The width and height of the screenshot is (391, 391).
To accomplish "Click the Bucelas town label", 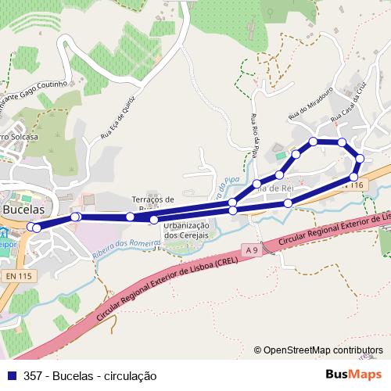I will coord(22,210).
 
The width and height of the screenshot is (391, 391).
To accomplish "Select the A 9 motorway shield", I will coord(250,249).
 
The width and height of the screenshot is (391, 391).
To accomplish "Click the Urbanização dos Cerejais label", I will coord(186,231).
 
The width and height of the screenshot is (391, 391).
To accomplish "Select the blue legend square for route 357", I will coord(11,376).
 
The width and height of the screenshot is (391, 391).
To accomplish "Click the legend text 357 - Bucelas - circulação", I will coord(91,376).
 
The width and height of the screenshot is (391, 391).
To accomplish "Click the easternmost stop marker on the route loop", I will coord(360,159).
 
